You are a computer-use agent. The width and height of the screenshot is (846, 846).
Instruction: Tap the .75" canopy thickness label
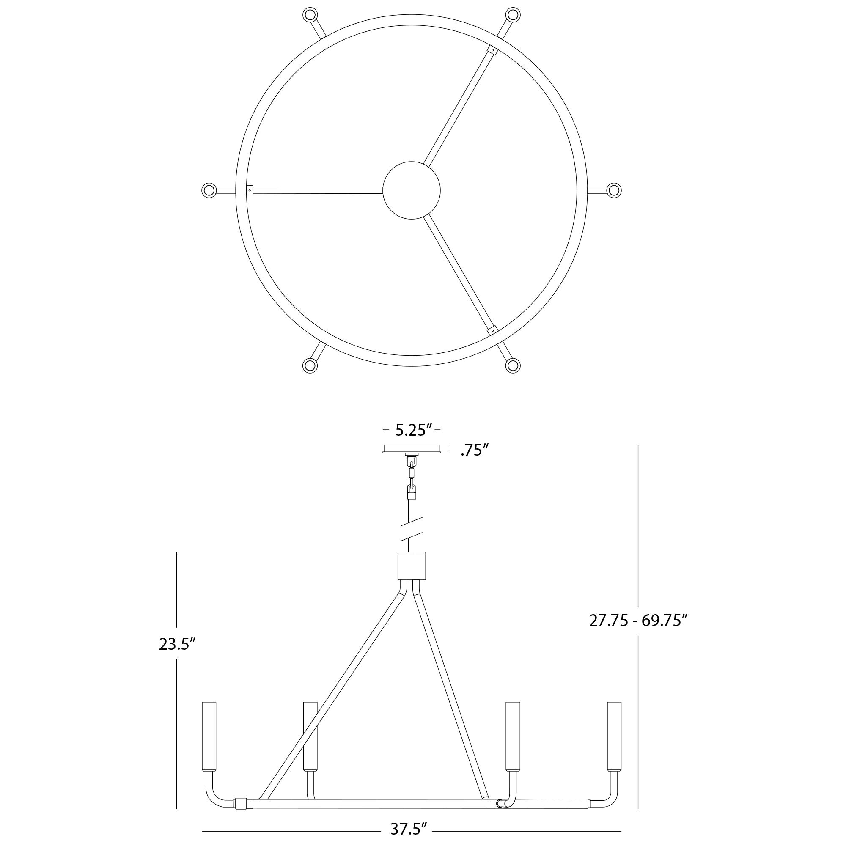[x=475, y=450]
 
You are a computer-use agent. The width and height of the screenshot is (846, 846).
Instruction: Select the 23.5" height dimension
[x=177, y=644]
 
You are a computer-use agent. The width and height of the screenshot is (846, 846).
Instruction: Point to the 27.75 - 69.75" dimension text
[x=638, y=621]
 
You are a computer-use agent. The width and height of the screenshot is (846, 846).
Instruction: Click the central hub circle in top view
[x=412, y=190]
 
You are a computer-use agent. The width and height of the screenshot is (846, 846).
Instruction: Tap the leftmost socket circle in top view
[x=209, y=190]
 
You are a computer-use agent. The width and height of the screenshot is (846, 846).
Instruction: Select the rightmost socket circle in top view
[x=614, y=190]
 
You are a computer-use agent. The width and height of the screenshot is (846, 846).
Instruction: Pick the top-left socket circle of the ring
[x=310, y=15]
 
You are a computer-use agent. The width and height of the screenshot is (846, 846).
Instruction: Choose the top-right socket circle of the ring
[x=513, y=15]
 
